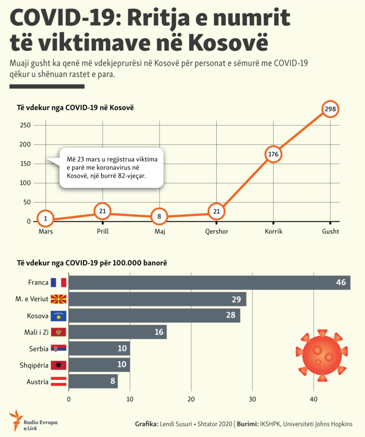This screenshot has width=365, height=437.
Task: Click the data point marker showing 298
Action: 331,109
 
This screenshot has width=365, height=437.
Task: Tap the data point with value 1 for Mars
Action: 45,218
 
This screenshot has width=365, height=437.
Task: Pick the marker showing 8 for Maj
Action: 159,217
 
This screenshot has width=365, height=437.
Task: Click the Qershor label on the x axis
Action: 217,232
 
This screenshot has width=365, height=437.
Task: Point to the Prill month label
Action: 103,232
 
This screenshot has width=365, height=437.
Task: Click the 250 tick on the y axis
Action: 25,125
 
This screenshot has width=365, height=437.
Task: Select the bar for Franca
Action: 209,282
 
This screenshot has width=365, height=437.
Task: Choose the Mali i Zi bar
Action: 118,332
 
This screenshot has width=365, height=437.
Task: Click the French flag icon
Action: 59,282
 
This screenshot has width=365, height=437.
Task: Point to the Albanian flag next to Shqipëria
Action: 59,365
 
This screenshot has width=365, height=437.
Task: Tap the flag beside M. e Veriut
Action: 59,299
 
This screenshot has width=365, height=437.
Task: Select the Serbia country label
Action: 38,349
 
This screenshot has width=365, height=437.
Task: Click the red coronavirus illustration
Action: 321,356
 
